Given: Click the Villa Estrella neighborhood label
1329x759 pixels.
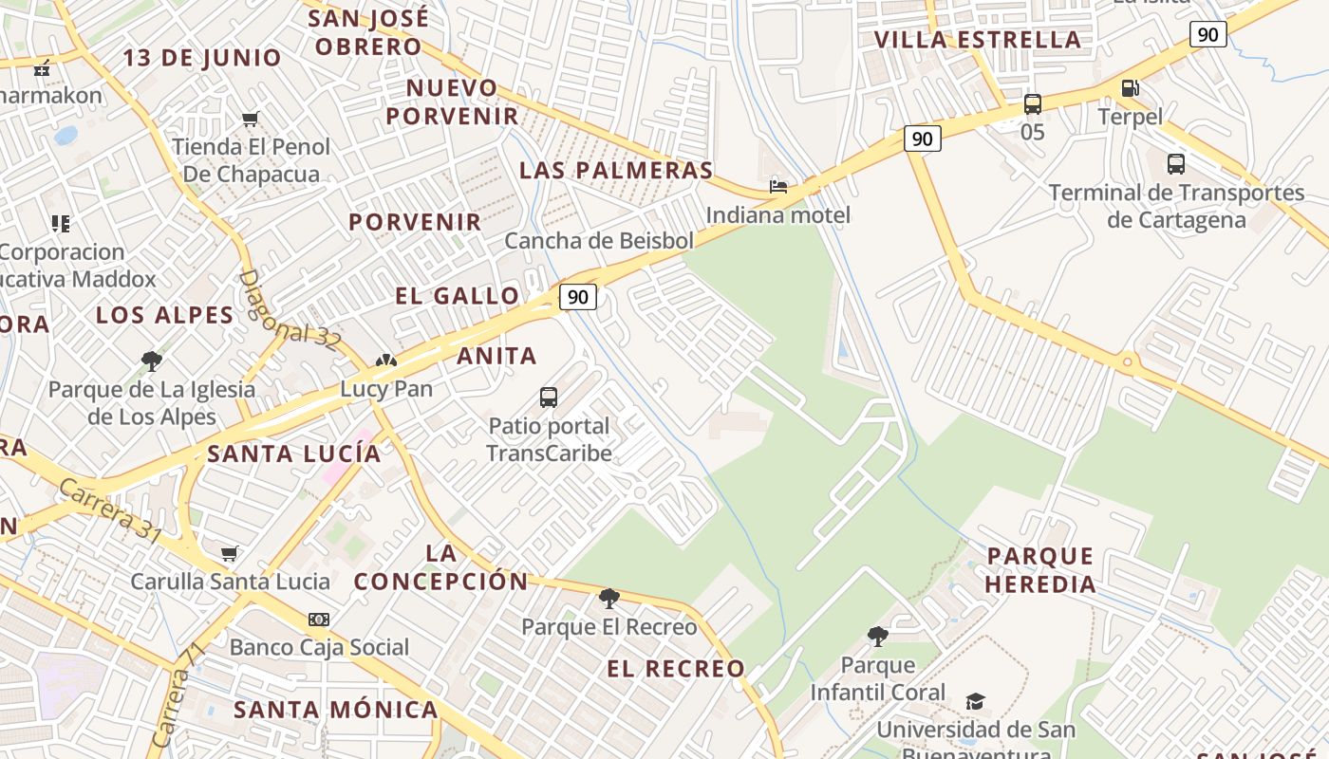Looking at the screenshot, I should [977, 40].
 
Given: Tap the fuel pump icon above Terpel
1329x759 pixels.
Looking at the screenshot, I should [1130, 88].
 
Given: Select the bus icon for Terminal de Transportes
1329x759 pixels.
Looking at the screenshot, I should [1176, 164].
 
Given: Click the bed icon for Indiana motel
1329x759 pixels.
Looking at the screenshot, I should [778, 186].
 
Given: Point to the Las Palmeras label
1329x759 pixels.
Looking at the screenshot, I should [616, 171].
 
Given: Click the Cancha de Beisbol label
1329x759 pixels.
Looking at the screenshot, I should [599, 241].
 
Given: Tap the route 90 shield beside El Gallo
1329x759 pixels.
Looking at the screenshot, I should [577, 297].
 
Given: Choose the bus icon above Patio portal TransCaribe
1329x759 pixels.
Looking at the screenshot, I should [549, 398].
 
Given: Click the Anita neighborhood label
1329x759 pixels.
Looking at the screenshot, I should [496, 357].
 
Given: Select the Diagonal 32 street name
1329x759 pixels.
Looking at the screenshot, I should [288, 311].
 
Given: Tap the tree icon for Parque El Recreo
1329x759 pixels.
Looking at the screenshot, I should [608, 599].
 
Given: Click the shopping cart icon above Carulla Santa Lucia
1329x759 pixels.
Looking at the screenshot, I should [229, 553].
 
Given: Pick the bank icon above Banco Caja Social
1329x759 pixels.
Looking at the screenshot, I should [319, 620].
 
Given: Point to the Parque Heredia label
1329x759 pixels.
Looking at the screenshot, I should [1040, 569].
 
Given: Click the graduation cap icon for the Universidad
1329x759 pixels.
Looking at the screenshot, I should [975, 701].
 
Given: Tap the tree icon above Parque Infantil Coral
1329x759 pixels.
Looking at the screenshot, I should [878, 637].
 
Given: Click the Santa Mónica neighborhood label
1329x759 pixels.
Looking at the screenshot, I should [336, 710].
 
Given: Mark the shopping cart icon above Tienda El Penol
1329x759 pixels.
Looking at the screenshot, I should [251, 120].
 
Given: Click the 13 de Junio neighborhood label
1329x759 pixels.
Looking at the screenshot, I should [202, 58].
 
